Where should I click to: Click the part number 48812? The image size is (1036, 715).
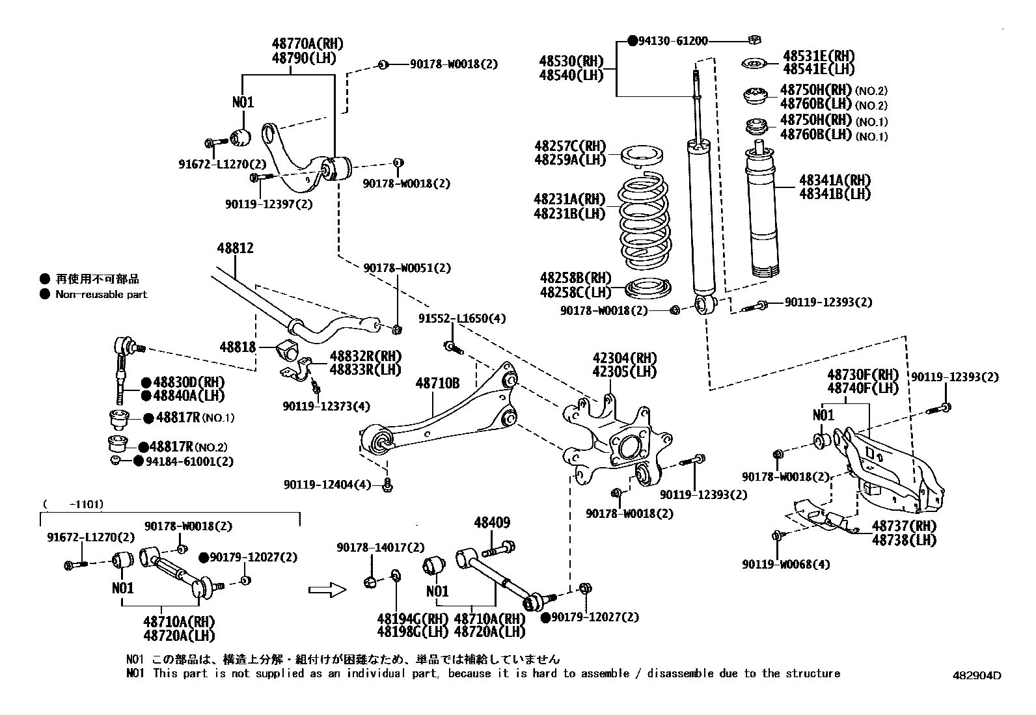[x=235, y=248]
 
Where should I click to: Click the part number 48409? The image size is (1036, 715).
[x=492, y=522]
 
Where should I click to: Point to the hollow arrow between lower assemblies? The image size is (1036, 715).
[x=327, y=589]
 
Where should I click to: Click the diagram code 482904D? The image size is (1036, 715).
[x=975, y=675]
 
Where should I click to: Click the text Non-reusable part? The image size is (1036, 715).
[x=102, y=295]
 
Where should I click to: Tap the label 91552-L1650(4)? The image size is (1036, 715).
[x=461, y=319]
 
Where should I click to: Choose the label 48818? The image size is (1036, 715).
[x=238, y=347]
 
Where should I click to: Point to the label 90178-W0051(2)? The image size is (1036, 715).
[x=407, y=268]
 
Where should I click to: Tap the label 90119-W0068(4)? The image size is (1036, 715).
[x=786, y=565]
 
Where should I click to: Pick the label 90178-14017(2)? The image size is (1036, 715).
[x=380, y=548]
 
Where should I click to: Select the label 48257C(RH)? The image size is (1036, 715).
[x=569, y=146]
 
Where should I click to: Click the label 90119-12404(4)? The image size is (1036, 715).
[x=327, y=485]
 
